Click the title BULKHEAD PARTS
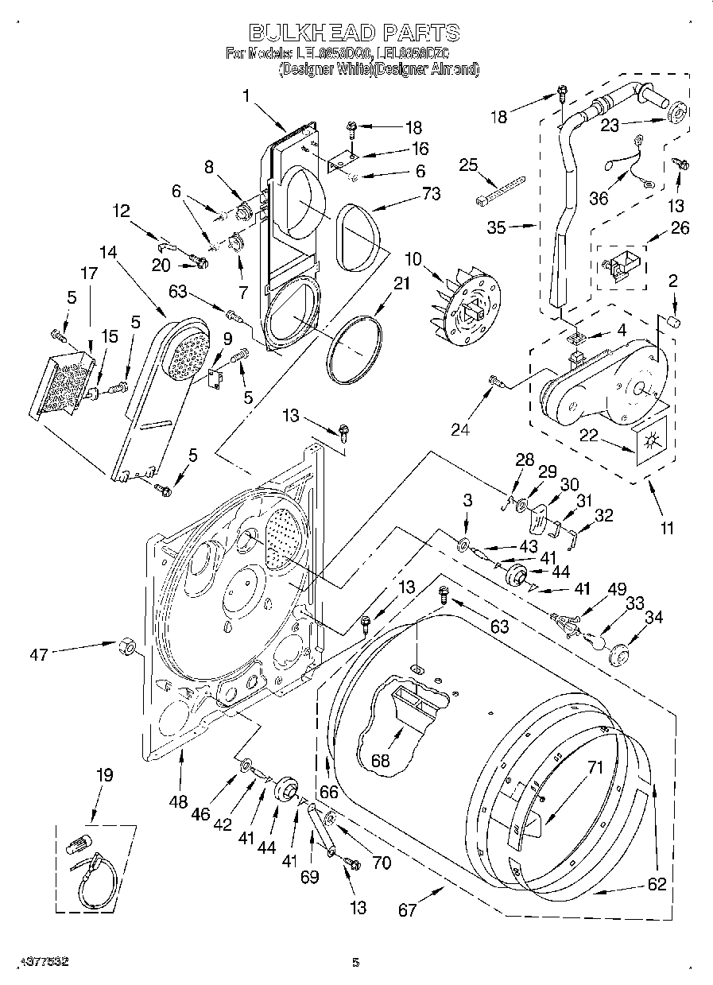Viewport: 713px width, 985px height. coord(355,33)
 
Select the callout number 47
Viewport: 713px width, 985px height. coord(39,654)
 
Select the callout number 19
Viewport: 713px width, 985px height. coord(104,774)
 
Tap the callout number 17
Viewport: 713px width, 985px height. coord(88,272)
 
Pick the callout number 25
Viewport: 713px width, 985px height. coord(469,165)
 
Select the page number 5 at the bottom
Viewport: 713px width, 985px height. coord(355,963)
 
